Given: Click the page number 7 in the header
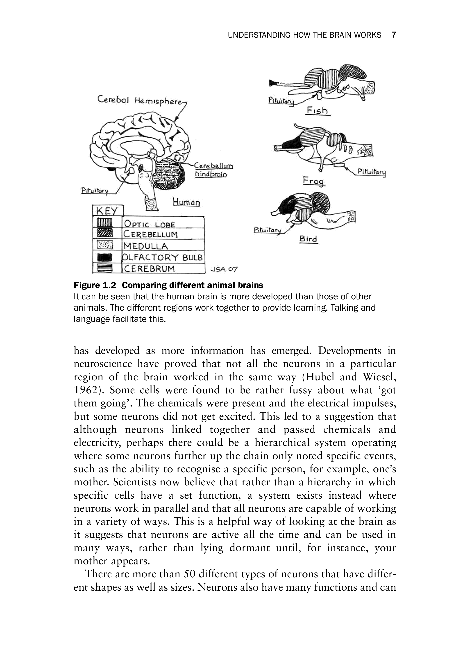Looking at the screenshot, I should (x=394, y=35).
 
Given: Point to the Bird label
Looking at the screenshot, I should (x=308, y=239).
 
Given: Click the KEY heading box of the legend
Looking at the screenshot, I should (x=107, y=211).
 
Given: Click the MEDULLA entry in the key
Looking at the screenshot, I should (x=146, y=246).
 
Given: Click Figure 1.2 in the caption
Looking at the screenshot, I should (x=95, y=285).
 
